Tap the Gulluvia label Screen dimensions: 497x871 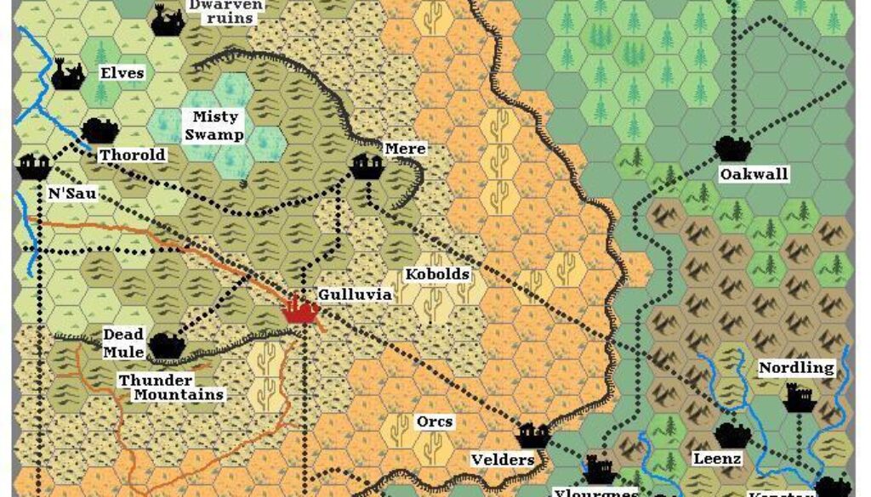tap(355, 294)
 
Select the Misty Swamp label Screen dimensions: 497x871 tap(215, 126)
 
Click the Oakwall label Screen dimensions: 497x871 tap(754, 174)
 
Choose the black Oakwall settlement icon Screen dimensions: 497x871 tap(731, 148)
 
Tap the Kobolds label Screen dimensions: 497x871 tap(437, 275)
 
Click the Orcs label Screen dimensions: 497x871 tap(435, 421)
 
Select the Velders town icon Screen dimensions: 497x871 tap(533, 435)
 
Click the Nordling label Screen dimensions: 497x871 tap(796, 368)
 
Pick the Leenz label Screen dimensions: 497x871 tap(718, 459)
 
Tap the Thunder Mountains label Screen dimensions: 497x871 tap(171, 387)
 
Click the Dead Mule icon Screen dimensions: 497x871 tap(166, 345)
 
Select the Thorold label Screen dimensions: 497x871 tap(133, 155)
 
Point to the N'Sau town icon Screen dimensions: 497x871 tap(33, 167)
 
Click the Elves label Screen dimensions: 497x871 tap(122, 73)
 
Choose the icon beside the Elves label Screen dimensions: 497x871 tap(67, 74)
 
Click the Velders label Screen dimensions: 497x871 tap(502, 460)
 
